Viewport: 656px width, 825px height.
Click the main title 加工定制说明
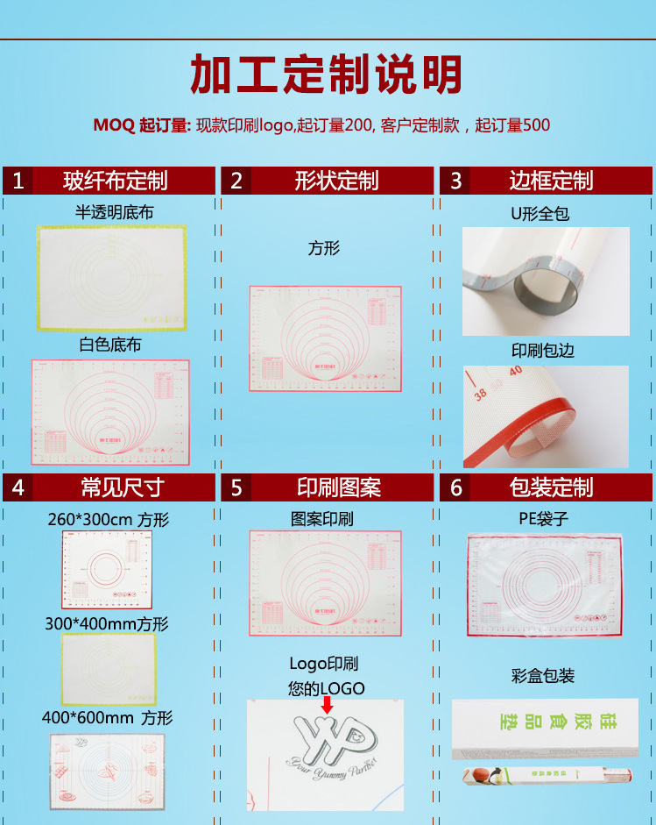pos(327,75)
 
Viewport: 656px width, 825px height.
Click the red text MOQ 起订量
pos(142,125)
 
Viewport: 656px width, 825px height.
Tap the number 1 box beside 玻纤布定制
pos(18,181)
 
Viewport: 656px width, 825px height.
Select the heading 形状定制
pos(337,181)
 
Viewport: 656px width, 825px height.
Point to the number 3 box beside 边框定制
pos(455,181)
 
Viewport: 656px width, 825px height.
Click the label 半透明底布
pos(115,212)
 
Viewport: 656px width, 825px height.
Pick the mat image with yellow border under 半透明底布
pos(111,277)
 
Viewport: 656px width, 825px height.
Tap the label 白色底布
pos(110,345)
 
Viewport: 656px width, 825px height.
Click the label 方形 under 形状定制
pos(324,248)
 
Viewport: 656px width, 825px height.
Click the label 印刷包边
pos(543,351)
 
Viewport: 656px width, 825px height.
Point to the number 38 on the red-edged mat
pos(480,395)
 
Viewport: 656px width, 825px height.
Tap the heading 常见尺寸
pos(123,487)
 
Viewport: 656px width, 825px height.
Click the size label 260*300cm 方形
pos(108,519)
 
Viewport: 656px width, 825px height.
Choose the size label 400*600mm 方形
pos(108,718)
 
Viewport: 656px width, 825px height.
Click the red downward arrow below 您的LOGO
pos(327,706)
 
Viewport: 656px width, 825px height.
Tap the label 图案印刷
pos(322,519)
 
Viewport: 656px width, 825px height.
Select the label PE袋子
pos(543,518)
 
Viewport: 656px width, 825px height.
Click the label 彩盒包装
pos(543,676)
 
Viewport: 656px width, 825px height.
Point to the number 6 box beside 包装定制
pos(455,487)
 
